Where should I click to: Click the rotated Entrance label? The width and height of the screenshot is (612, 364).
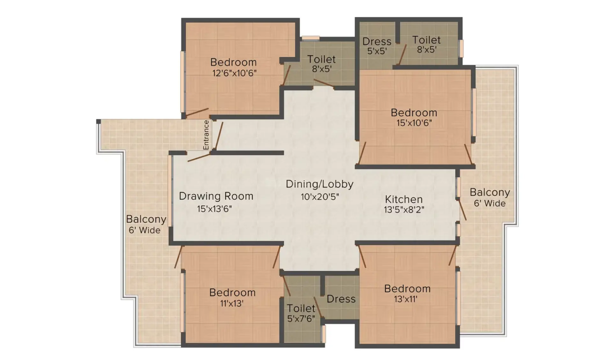tap(206, 135)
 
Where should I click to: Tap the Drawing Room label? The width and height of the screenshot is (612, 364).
tap(216, 196)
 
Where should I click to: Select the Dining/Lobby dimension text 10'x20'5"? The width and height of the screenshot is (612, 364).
tap(320, 197)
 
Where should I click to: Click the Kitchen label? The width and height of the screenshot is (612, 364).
tap(404, 199)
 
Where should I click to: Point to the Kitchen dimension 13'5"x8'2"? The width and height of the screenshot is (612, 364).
tap(404, 210)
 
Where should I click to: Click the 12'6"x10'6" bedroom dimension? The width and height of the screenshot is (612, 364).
tap(234, 73)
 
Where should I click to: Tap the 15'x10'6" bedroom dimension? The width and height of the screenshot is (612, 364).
tap(414, 123)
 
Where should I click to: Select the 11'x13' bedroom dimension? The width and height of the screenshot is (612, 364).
tap(232, 303)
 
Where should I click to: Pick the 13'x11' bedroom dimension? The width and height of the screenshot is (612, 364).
tap(406, 299)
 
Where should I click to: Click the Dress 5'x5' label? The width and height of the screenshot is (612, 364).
tap(377, 46)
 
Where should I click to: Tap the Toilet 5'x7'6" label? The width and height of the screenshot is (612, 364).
tap(301, 313)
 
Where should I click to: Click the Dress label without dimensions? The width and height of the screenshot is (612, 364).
tap(341, 299)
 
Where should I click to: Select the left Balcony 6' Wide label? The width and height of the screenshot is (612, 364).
tap(146, 224)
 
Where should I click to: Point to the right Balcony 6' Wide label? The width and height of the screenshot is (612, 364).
tap(490, 197)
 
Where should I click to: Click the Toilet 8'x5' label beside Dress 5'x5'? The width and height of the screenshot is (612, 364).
tap(426, 44)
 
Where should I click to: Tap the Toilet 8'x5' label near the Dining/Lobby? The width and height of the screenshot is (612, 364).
tap(321, 63)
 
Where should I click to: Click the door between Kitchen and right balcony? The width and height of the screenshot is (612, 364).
tap(462, 209)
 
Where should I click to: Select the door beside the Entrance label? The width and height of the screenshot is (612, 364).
tap(218, 135)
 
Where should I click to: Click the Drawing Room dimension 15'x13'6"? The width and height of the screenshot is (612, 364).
tap(214, 209)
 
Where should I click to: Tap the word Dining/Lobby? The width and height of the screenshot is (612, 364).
tap(320, 184)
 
